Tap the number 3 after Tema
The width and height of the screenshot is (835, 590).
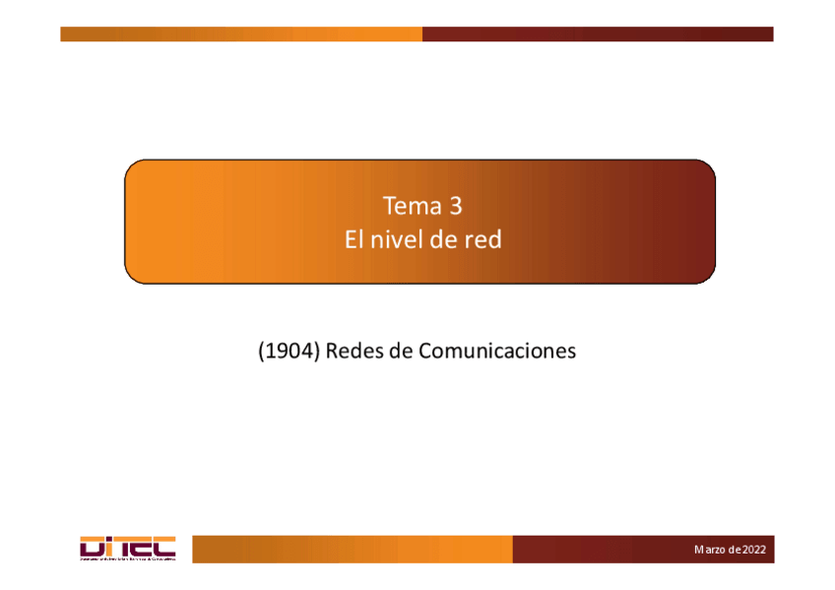(x=455, y=207)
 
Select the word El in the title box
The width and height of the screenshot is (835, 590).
(x=353, y=239)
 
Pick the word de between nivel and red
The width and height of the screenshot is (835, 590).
(x=444, y=239)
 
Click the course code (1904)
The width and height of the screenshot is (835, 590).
(x=289, y=351)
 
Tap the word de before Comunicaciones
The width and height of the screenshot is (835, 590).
(x=402, y=351)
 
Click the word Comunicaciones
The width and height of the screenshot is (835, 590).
(x=497, y=351)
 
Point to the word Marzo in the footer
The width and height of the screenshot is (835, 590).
(x=711, y=550)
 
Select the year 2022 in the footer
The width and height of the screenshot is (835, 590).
(x=754, y=550)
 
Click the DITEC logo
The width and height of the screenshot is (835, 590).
(x=127, y=549)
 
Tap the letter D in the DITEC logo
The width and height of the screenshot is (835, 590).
(x=90, y=546)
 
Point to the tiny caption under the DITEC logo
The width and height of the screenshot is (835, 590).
(x=127, y=559)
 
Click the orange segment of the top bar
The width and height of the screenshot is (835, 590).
(x=241, y=34)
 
